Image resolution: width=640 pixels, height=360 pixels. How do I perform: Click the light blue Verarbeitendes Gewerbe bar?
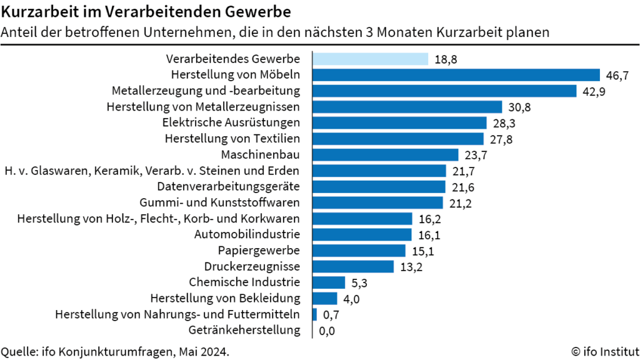point(370,59)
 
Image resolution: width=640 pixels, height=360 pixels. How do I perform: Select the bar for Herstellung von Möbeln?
point(456,75)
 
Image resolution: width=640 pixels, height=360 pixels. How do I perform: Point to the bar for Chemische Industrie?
point(329,282)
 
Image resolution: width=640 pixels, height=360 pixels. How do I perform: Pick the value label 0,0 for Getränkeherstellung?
point(327,331)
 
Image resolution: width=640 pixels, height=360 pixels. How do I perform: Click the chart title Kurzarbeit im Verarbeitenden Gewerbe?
point(146,12)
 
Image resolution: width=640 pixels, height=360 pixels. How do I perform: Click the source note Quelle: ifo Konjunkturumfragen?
point(116,351)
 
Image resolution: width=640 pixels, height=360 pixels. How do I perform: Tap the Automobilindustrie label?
point(247,234)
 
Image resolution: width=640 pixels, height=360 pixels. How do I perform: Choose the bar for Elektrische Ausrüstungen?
point(399,122)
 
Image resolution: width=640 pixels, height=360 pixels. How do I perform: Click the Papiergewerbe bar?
point(359,251)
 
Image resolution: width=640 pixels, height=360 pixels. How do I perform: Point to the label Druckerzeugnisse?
point(252,266)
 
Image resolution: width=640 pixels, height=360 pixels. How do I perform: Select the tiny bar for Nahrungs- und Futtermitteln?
point(314,314)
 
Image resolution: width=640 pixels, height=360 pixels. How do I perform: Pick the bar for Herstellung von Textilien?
point(397,139)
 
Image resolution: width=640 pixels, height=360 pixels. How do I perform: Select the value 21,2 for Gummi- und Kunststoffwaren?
point(458,202)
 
